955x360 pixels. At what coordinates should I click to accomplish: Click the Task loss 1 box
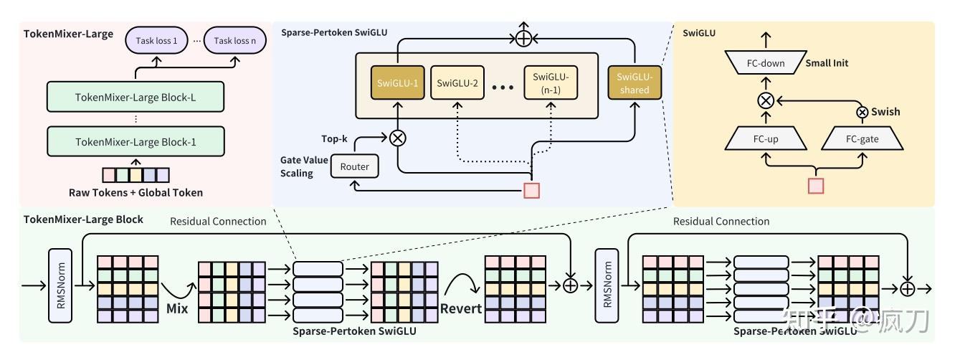[x=157, y=41]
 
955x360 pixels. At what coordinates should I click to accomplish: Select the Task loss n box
[x=234, y=41]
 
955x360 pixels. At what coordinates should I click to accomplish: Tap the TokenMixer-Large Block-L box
[x=136, y=96]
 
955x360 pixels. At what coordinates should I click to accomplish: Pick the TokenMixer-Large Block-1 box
[x=136, y=141]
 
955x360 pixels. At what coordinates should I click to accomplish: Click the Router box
[x=354, y=167]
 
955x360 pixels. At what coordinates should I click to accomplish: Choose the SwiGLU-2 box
[x=457, y=83]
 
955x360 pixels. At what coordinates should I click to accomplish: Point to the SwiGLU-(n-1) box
[x=551, y=83]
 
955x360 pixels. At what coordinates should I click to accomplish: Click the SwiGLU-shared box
[x=633, y=83]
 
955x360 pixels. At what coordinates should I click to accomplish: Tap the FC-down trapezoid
[x=765, y=63]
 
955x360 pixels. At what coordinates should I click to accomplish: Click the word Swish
[x=885, y=112]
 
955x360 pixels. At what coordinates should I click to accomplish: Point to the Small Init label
[x=827, y=63]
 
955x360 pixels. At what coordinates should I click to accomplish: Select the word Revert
[x=461, y=308]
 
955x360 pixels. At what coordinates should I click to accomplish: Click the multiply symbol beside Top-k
[x=396, y=138]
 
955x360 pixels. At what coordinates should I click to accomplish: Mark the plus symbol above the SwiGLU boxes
[x=525, y=37]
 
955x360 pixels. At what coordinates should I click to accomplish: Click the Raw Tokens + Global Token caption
[x=136, y=192]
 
